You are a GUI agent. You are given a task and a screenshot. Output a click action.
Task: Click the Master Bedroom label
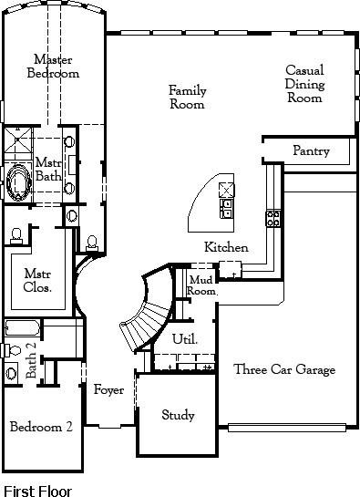(x=53, y=67)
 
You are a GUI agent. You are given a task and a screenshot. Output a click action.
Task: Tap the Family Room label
(x=187, y=98)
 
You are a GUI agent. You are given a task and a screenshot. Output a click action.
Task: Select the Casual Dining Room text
(x=304, y=84)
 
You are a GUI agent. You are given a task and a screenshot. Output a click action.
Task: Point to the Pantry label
(x=311, y=150)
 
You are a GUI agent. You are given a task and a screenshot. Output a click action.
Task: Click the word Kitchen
(x=226, y=247)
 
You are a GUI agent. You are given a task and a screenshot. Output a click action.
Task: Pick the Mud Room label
(x=201, y=285)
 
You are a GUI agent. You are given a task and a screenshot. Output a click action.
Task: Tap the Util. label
(x=185, y=339)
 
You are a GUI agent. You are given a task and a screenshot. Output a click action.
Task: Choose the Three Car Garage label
(x=284, y=369)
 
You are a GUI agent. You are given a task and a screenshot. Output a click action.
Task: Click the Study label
(x=178, y=415)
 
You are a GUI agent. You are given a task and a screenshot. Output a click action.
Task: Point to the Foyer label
(x=108, y=390)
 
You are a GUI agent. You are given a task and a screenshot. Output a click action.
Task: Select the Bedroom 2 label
(x=41, y=427)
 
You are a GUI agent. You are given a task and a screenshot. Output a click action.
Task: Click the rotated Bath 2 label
(x=31, y=360)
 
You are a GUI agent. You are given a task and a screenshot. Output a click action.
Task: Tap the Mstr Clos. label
(x=37, y=280)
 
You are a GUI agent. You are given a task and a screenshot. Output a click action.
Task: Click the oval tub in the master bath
(x=19, y=182)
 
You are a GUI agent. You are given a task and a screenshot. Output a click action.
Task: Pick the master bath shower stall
(x=18, y=140)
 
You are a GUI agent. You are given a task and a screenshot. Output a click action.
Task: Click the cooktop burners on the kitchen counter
(x=273, y=218)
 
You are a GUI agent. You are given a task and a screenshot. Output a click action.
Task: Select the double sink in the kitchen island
(x=227, y=208)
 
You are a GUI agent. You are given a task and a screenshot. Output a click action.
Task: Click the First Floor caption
(x=37, y=491)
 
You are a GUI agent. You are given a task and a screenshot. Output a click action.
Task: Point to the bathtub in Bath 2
(x=22, y=328)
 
